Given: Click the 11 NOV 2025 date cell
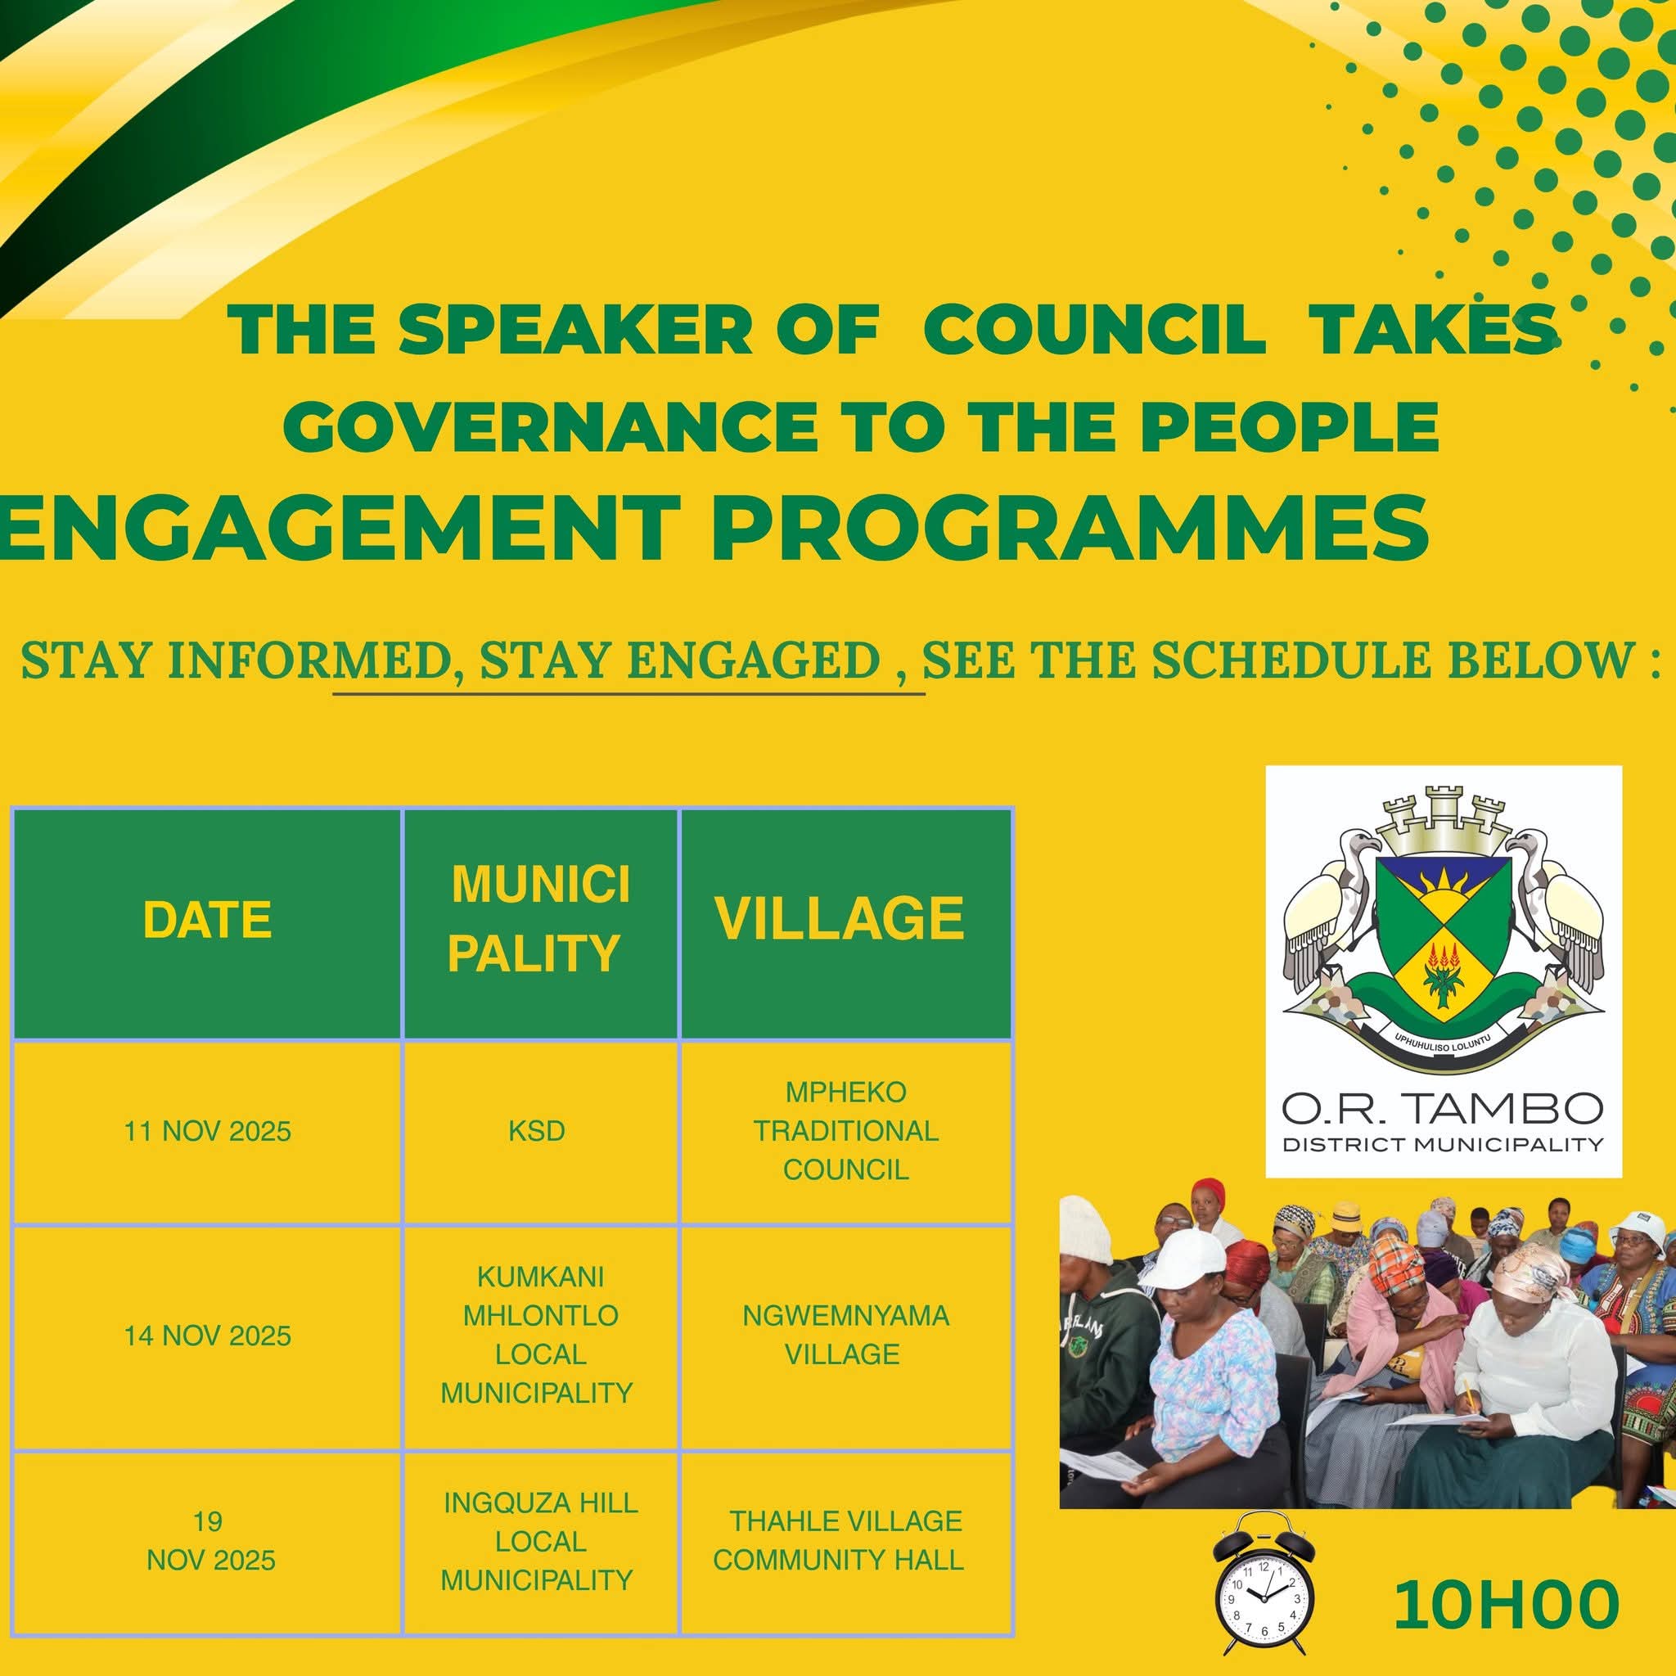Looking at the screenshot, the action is pyautogui.click(x=207, y=1131).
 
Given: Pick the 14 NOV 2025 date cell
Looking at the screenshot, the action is pyautogui.click(x=207, y=1335).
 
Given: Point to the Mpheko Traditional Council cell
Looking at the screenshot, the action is pyautogui.click(x=846, y=1131).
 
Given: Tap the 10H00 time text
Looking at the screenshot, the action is pyautogui.click(x=1507, y=1604).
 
